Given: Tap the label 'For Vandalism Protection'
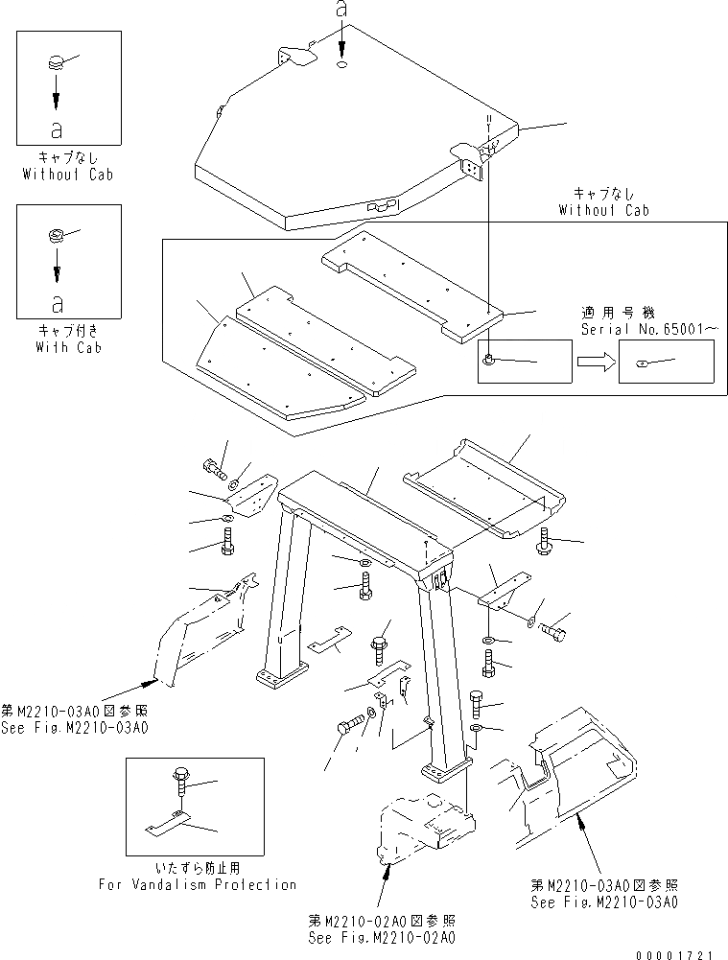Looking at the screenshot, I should point(198,884).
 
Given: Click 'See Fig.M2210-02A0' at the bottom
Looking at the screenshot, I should point(382,937).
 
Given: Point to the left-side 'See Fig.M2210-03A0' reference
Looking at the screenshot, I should point(75,728).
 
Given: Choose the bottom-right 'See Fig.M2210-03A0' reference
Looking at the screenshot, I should point(604,902).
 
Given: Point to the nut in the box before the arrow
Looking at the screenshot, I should point(490,360).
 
